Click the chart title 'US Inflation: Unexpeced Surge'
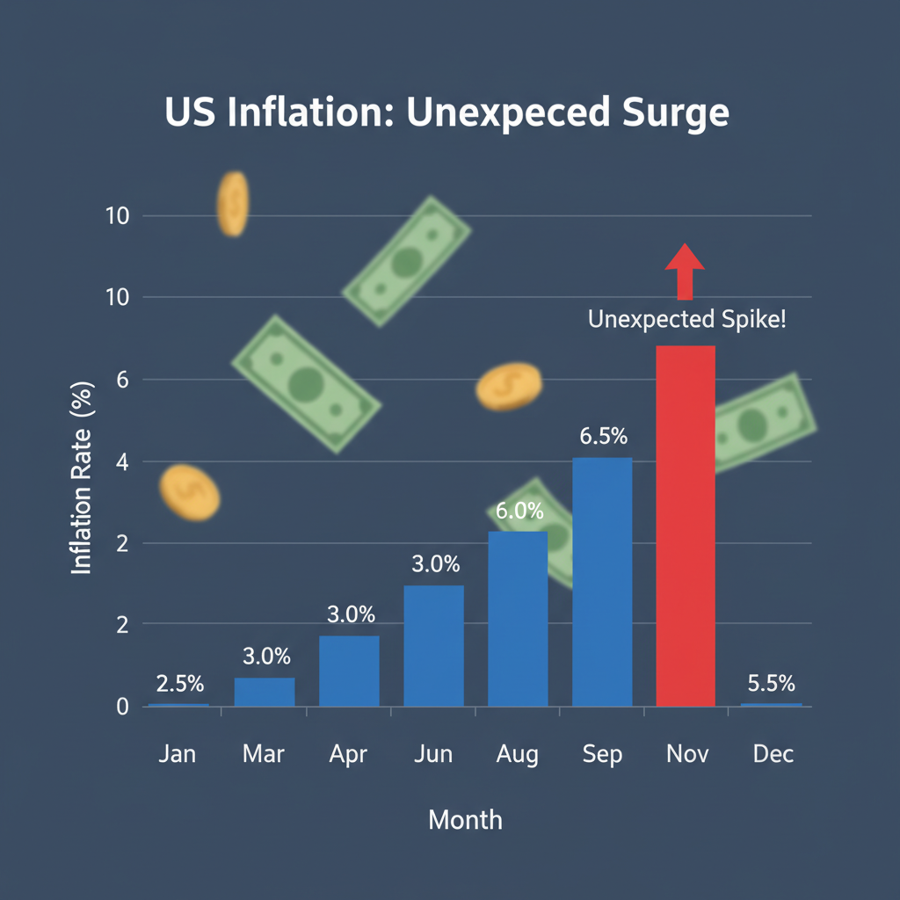pyautogui.click(x=446, y=115)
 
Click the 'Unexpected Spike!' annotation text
pyautogui.click(x=686, y=320)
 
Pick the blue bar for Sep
pyautogui.click(x=602, y=581)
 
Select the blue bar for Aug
pyautogui.click(x=518, y=618)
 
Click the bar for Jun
pyautogui.click(x=433, y=645)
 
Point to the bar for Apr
pyautogui.click(x=349, y=671)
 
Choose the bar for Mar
pyautogui.click(x=265, y=692)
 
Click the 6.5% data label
pyautogui.click(x=602, y=437)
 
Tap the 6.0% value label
pyautogui.click(x=519, y=511)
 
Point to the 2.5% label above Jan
pyautogui.click(x=179, y=683)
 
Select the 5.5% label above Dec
pyautogui.click(x=771, y=683)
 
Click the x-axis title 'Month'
pyautogui.click(x=465, y=820)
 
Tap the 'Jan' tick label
pyautogui.click(x=178, y=754)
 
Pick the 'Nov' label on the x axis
pyautogui.click(x=686, y=754)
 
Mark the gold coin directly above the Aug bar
pyautogui.click(x=509, y=386)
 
